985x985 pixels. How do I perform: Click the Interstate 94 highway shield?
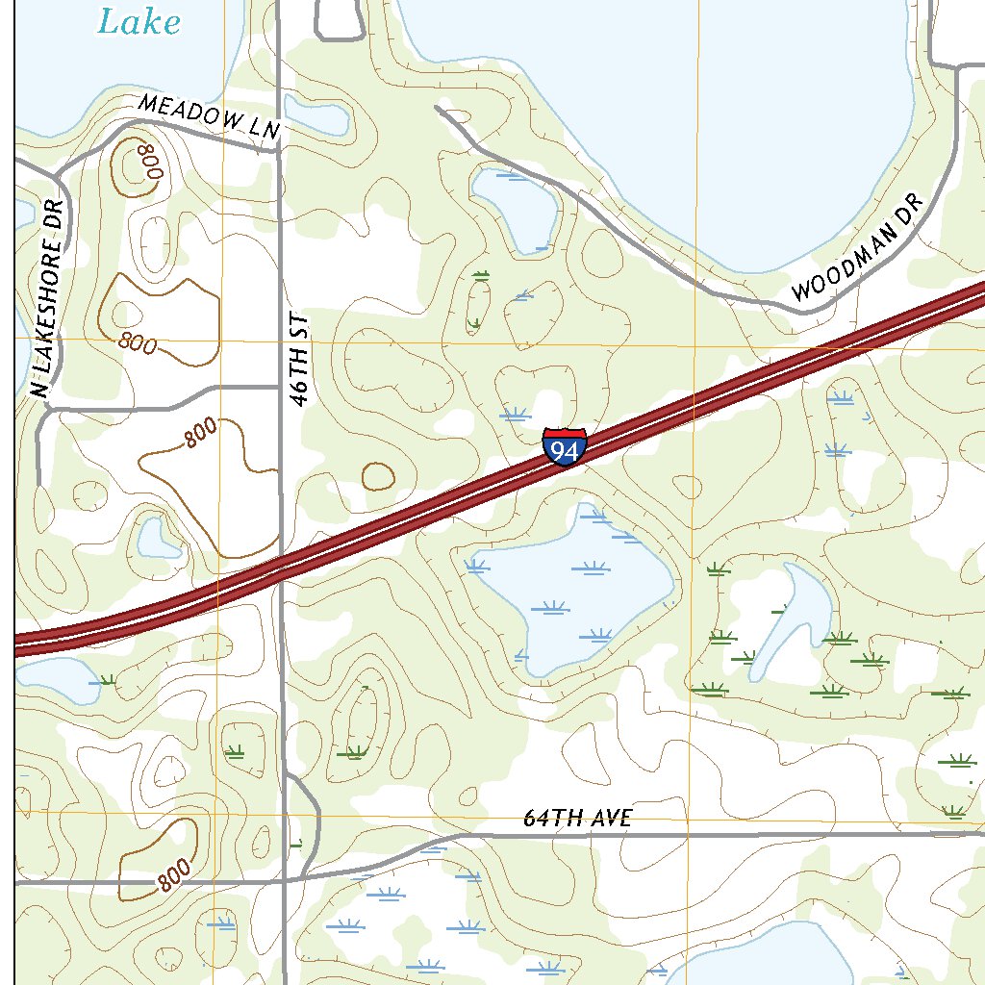[x=565, y=447]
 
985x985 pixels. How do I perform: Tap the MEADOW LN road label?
[x=208, y=117]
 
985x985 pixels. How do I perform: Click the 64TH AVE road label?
[x=577, y=819]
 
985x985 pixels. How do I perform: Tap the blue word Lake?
[x=139, y=21]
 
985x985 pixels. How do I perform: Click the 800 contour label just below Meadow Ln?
[x=150, y=161]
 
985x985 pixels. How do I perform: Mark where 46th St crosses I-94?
[x=281, y=568]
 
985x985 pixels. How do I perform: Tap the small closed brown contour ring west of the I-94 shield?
[x=378, y=475]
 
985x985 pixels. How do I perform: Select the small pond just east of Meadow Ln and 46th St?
[x=315, y=114]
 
